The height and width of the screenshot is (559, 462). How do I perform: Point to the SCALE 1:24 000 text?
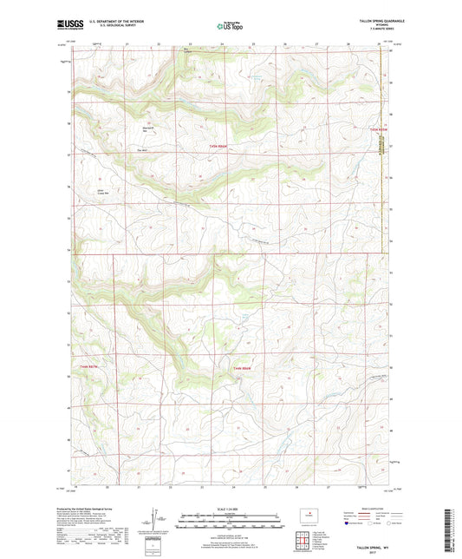point(231,508)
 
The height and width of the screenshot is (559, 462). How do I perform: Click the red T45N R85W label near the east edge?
point(376,129)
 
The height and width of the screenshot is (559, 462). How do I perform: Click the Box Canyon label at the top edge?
point(184,51)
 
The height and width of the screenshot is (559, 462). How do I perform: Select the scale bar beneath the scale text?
point(231,523)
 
